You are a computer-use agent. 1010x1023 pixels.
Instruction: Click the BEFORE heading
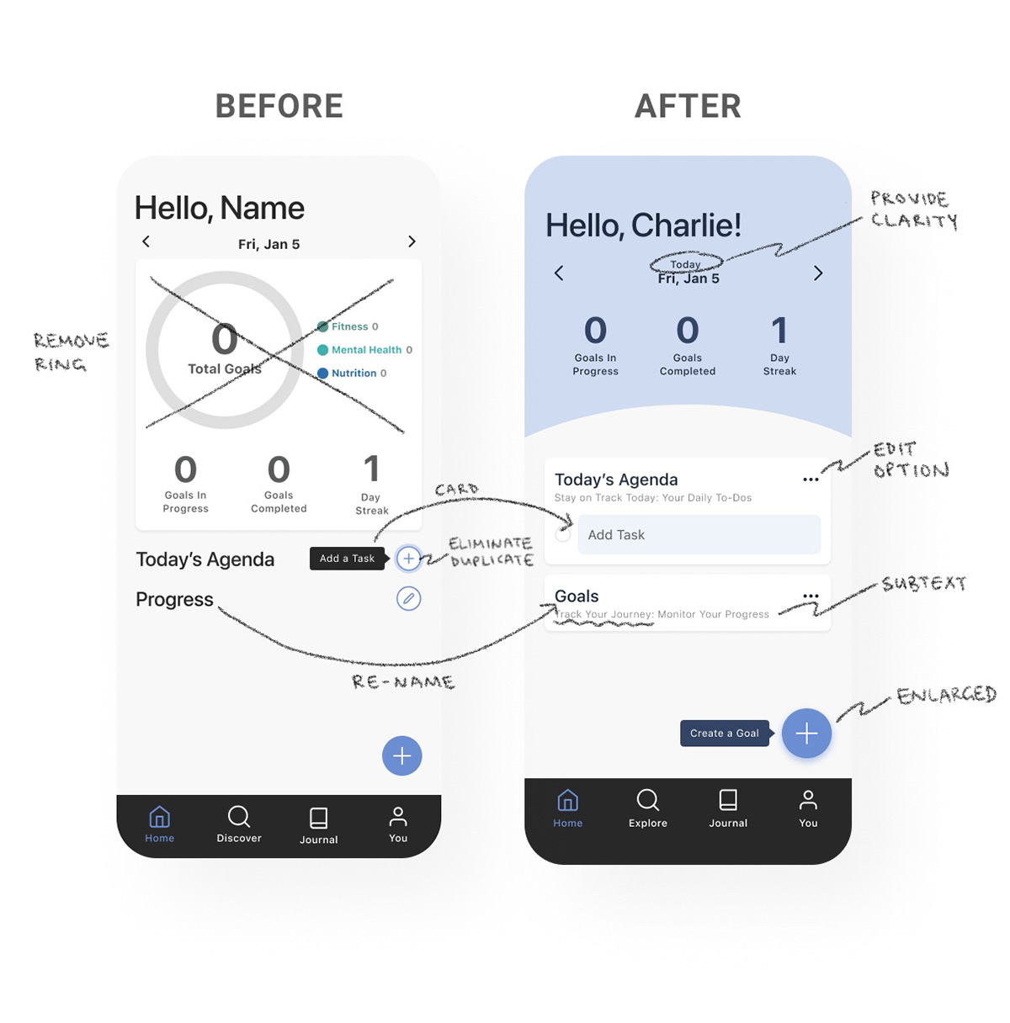tap(279, 107)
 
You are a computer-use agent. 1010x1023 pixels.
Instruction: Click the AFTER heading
tap(688, 107)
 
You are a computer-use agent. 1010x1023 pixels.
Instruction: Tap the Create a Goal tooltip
tap(724, 733)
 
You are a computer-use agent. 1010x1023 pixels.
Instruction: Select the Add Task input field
tap(699, 534)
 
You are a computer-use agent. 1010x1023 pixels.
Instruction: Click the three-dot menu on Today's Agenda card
tap(811, 480)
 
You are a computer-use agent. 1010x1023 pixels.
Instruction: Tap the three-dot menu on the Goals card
tap(811, 596)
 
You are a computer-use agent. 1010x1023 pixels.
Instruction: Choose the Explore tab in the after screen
tap(647, 808)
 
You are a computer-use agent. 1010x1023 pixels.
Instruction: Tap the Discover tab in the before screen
tap(239, 824)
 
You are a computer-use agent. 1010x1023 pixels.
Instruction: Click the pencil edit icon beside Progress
tap(408, 599)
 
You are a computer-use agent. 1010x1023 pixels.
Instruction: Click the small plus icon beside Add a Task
tap(408, 558)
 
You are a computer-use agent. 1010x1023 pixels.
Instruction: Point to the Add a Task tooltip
tap(347, 558)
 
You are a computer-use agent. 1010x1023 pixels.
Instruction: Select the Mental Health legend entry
tap(364, 350)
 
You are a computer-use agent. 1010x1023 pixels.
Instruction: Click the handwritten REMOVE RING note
tap(72, 352)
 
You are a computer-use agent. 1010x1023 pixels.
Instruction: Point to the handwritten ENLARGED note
tap(946, 695)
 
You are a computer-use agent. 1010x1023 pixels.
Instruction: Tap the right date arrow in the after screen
tap(817, 273)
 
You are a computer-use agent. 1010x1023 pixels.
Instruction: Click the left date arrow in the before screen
tap(146, 242)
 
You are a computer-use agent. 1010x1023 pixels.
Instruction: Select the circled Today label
tap(685, 263)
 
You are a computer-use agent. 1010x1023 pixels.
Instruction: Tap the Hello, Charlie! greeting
tap(643, 225)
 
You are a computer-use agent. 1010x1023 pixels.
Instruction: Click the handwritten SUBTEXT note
tap(923, 583)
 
